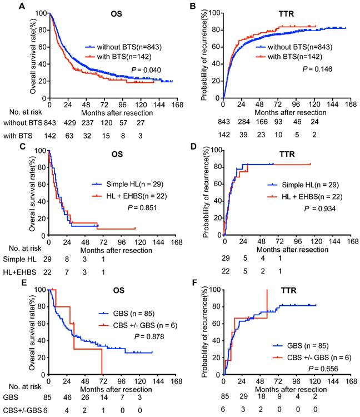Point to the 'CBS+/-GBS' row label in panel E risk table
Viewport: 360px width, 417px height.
(19, 410)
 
